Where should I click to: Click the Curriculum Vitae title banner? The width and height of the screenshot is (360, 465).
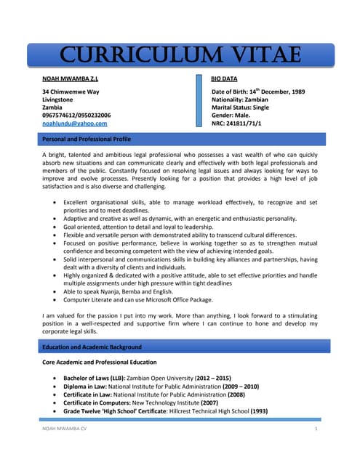tap(180, 54)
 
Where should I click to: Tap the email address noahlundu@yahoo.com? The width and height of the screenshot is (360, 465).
tap(75, 124)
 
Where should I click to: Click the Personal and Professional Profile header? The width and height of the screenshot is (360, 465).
tap(87, 138)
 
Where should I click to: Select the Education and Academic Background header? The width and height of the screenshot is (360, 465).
tap(91, 347)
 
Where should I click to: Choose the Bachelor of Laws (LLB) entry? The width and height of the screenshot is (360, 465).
tap(95, 379)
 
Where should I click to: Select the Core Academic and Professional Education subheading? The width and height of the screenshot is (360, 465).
tap(99, 362)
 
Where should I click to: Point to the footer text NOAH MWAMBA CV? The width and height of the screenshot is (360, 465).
tap(63, 431)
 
